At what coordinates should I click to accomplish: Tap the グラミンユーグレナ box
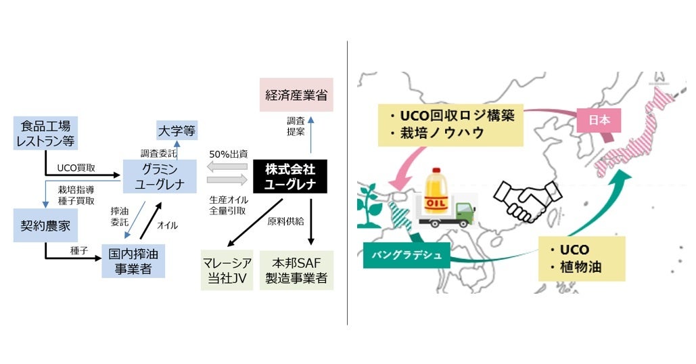[x=160, y=175]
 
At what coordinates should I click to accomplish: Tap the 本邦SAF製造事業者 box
[x=296, y=270]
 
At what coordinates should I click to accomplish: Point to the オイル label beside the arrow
[x=168, y=225]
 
